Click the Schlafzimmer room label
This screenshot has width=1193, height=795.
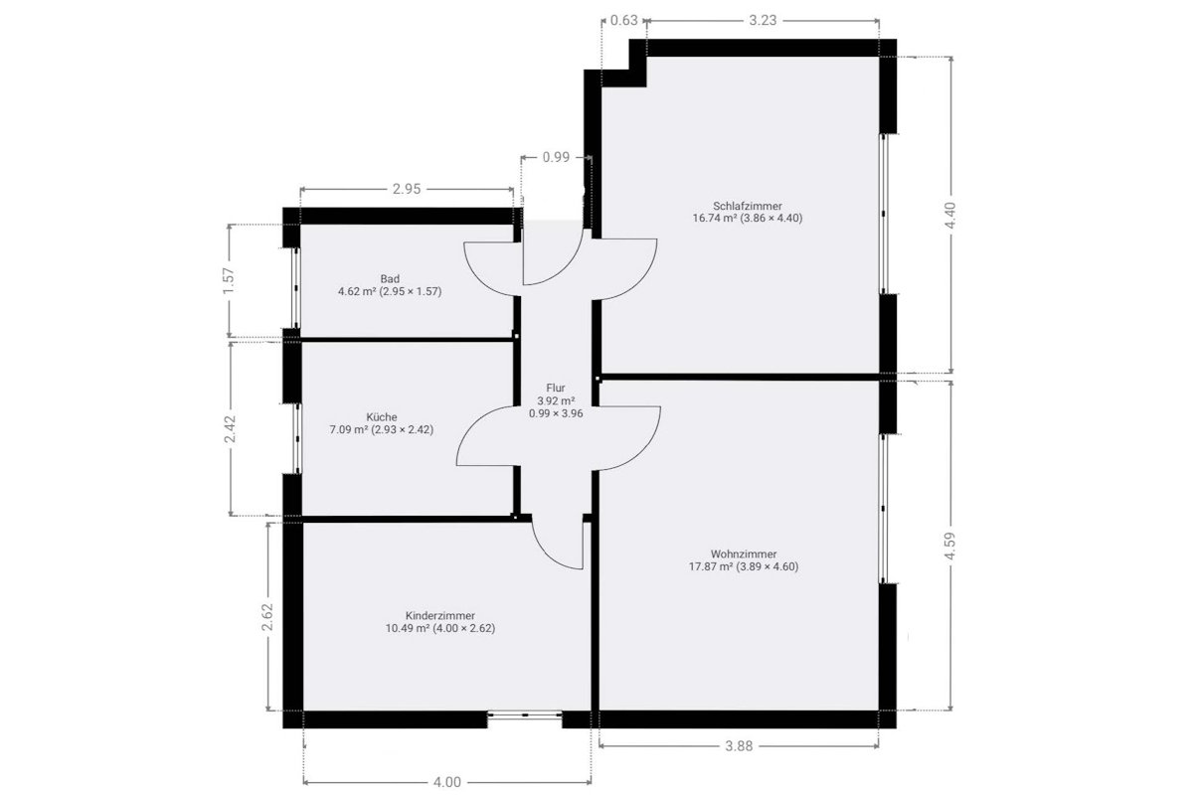748,206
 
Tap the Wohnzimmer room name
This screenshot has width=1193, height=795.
744,555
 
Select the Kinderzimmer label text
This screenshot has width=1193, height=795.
439,616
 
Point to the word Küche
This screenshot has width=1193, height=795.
382,417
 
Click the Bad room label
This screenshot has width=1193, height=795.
390,278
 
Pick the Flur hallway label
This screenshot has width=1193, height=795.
556,388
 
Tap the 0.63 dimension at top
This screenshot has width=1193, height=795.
623,20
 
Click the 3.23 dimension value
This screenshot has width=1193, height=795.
763,20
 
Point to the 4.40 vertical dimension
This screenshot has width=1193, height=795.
950,216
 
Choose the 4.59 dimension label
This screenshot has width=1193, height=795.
950,546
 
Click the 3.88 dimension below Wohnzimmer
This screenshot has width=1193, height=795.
740,746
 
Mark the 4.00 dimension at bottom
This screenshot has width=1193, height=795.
446,782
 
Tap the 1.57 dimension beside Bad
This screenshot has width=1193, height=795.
229,280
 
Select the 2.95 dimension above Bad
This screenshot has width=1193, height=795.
407,189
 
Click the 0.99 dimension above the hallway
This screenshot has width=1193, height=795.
556,157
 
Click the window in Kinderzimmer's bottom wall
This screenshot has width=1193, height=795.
525,715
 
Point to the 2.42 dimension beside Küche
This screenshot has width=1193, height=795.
230,429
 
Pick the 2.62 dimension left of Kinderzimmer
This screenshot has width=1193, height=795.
267,616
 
